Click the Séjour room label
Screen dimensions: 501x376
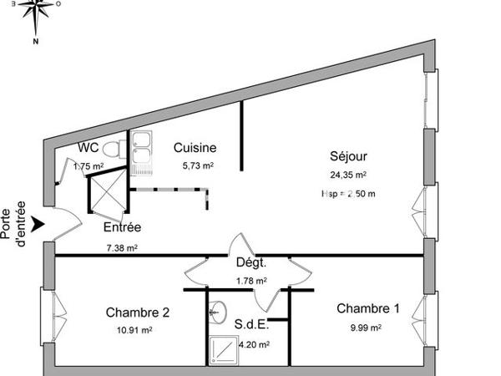pos(348,155)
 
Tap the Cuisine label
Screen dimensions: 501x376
pos(195,147)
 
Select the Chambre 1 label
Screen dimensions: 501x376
pos(368,309)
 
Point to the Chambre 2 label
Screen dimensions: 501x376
pos(138,312)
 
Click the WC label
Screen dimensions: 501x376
pos(89,148)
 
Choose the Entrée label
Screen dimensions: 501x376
pos(122,227)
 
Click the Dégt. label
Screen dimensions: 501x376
pos(250,263)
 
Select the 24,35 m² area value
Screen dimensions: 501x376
pos(349,175)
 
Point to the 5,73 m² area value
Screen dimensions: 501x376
pos(198,166)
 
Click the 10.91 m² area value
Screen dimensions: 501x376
pos(134,331)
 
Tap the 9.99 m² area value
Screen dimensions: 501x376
pos(365,328)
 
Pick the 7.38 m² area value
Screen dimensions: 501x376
pos(122,247)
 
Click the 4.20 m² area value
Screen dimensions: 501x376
pos(252,343)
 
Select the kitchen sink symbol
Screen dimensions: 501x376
pos(141,153)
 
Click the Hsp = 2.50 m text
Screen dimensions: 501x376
pos(349,194)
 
